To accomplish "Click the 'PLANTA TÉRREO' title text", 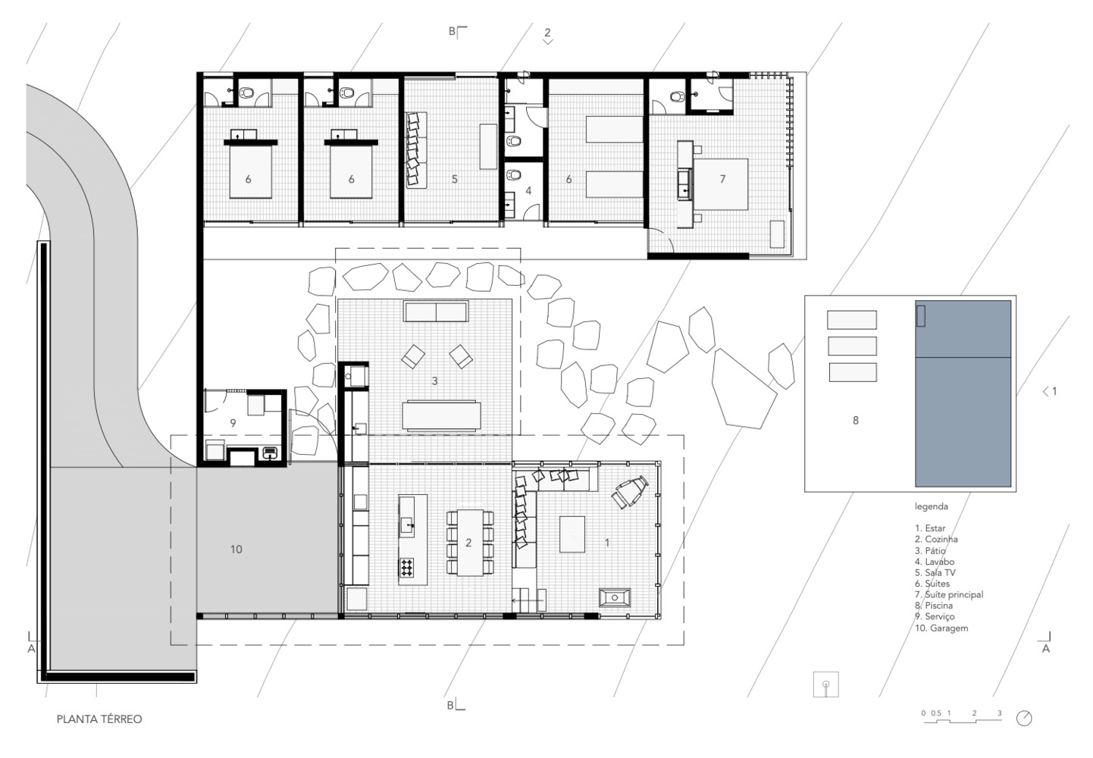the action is point(99,719).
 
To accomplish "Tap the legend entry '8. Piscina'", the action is point(934,606).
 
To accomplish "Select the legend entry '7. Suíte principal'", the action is point(949,594).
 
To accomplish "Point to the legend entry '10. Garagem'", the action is point(941,628).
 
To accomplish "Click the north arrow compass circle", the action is point(1024,719).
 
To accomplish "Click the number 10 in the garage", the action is point(236,550).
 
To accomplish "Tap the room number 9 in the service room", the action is point(233,423).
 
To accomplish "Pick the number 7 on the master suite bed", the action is point(722,179).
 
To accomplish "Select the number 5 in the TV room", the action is point(454,179).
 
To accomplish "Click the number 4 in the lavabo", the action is point(528,191).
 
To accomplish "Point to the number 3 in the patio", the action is point(435,381).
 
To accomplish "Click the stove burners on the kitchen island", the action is point(407,567).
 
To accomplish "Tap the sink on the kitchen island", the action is point(408,525).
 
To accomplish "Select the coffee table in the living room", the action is point(572,534).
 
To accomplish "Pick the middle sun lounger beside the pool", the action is point(852,346).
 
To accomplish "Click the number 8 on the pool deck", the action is point(855,420).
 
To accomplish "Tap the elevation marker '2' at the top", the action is point(547,32).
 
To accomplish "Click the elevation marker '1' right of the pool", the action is point(1054,391).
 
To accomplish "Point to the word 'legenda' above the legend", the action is point(932,506).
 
